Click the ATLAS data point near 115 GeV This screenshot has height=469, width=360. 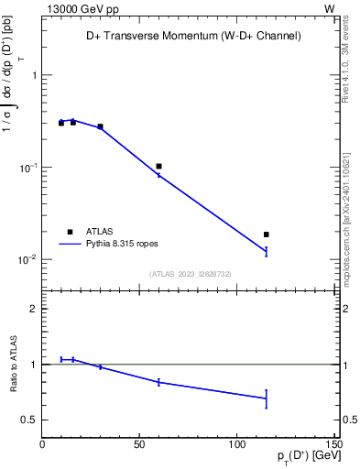click(267, 234)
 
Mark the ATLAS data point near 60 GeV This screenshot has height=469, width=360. click(158, 167)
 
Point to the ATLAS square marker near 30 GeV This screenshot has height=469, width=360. click(100, 126)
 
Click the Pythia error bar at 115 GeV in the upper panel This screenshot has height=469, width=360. click(267, 251)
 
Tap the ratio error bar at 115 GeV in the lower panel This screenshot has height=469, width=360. click(267, 398)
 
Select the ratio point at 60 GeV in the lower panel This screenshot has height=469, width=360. click(158, 382)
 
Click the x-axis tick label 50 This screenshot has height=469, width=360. click(139, 444)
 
